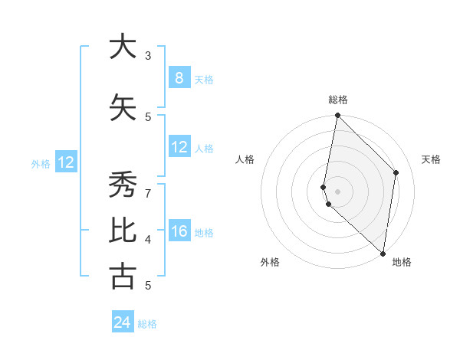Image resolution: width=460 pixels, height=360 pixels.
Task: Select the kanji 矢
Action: [x=121, y=108]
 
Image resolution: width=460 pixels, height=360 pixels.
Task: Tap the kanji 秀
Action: [x=121, y=186]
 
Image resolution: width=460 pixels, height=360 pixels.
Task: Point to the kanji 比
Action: [x=121, y=231]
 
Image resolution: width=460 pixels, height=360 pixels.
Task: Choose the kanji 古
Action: [x=121, y=277]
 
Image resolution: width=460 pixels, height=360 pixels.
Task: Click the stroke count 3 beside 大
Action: [x=148, y=55]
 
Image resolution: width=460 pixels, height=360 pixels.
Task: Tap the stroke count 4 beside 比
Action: [x=148, y=240]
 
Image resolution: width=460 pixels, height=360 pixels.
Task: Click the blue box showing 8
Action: [x=179, y=78]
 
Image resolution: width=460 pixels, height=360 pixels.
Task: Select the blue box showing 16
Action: [x=179, y=232]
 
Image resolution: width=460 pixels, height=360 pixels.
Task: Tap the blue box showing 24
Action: [x=122, y=322]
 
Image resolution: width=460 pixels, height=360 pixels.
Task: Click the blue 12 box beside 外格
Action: [x=66, y=162]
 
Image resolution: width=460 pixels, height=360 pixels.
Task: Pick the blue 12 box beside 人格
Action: [x=179, y=147]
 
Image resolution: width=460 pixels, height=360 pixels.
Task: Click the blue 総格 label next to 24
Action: [x=147, y=324]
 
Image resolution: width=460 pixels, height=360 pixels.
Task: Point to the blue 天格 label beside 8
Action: [x=203, y=80]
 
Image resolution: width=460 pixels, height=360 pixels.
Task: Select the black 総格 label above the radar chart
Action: [x=337, y=100]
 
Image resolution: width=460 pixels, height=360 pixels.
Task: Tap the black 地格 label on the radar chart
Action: [x=402, y=263]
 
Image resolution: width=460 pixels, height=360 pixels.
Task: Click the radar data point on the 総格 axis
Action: [x=337, y=116]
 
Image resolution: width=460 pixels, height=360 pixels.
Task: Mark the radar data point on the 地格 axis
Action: [x=383, y=254]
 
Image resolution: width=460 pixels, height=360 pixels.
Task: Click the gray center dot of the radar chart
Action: [x=337, y=191]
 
